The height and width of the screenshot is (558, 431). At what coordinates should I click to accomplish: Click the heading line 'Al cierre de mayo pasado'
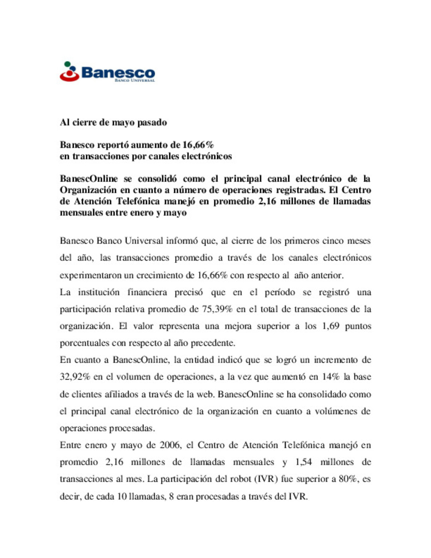[113, 123]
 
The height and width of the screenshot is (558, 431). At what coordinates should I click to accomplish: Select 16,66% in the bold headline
[198, 145]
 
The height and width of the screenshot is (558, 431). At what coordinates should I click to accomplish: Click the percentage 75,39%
[217, 309]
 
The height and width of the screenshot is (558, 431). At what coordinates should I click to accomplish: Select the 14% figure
[330, 377]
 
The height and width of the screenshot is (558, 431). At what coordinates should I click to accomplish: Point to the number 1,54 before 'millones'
[304, 462]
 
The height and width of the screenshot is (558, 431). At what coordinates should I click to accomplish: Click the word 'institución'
[99, 293]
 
